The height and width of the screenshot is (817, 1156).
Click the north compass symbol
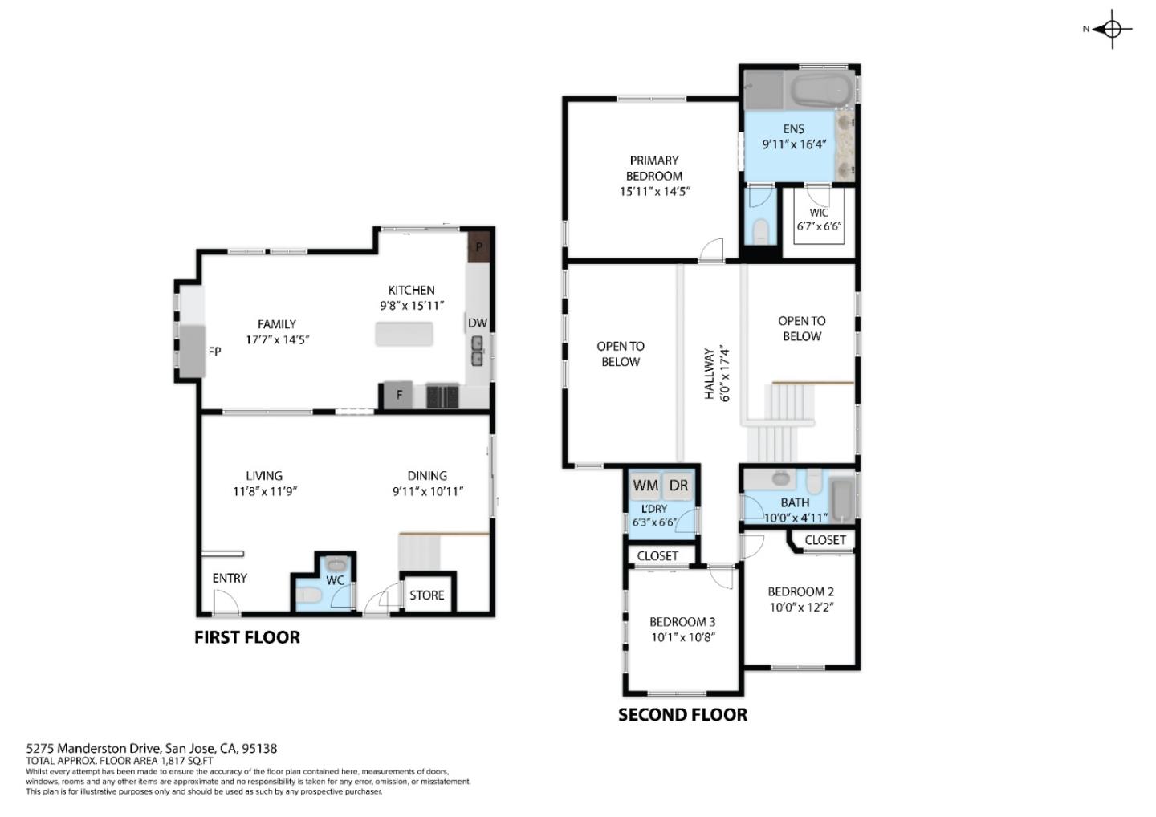(x=1112, y=30)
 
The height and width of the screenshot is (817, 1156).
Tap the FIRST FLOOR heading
(x=247, y=637)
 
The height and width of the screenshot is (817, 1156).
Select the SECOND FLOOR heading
(x=682, y=715)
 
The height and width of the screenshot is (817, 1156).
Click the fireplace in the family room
(x=193, y=351)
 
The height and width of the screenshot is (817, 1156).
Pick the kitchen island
(x=404, y=334)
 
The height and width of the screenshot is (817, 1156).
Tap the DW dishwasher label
(x=477, y=323)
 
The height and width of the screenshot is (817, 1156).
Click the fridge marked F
(x=398, y=395)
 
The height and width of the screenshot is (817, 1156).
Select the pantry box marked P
(x=479, y=246)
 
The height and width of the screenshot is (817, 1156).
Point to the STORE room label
(x=426, y=595)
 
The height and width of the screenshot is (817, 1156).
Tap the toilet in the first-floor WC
(x=307, y=595)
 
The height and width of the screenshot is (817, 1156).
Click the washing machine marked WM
(x=645, y=486)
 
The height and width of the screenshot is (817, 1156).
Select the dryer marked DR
(x=678, y=486)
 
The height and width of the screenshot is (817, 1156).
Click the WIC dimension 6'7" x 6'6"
(x=819, y=227)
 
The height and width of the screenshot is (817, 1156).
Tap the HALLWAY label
(x=709, y=374)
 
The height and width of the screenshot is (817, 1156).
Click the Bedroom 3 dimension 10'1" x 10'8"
(x=682, y=638)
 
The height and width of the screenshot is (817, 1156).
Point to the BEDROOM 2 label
(x=800, y=591)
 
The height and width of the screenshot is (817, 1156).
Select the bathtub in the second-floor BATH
(x=841, y=499)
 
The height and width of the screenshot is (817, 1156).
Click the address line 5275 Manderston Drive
(x=152, y=748)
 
